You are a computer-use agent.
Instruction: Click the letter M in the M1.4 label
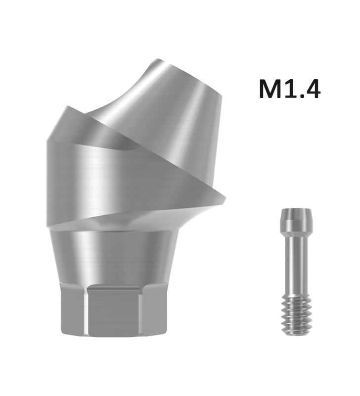pos(271,89)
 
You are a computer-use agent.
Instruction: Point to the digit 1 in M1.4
pos(291,89)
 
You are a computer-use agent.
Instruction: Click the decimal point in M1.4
pos(301,96)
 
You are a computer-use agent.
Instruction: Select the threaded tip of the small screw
pos(295,316)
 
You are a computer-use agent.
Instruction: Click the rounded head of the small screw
pos(295,219)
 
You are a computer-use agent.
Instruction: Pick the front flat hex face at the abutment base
pos(114,311)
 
